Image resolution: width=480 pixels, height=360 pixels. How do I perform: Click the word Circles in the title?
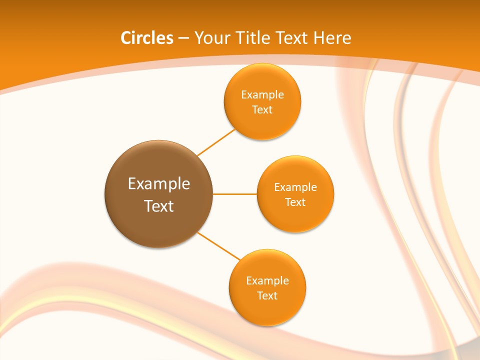click(x=146, y=38)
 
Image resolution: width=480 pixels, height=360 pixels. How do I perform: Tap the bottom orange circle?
click(x=267, y=310)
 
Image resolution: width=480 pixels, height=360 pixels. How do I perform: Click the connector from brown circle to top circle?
click(x=216, y=142)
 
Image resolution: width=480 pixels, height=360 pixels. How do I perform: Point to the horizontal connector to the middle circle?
click(x=234, y=194)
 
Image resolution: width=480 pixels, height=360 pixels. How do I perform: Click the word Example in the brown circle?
click(x=159, y=183)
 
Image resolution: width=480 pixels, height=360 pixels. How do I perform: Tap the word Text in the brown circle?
click(x=159, y=206)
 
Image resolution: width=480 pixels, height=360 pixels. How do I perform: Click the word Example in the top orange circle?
click(x=262, y=95)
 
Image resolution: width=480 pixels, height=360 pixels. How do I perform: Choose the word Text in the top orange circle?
click(x=262, y=109)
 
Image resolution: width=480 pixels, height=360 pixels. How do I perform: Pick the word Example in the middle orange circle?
click(x=295, y=187)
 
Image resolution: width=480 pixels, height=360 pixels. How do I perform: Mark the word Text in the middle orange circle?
click(x=295, y=202)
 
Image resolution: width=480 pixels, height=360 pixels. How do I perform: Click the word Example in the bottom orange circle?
click(x=267, y=281)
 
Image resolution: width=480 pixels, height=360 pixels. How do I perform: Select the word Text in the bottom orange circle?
click(x=267, y=295)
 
